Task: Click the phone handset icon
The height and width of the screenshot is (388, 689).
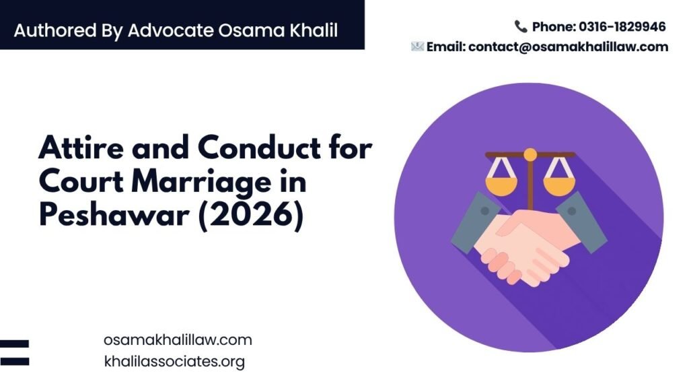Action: click(521, 26)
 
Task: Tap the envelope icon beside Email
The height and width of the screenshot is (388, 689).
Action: click(417, 46)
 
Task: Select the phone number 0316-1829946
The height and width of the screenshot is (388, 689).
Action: click(622, 27)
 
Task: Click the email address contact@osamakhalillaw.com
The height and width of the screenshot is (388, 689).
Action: click(568, 46)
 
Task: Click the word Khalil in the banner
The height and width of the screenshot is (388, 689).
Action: click(314, 30)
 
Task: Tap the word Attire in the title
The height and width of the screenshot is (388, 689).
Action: click(81, 148)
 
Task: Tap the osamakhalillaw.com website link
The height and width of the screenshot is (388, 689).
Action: click(178, 339)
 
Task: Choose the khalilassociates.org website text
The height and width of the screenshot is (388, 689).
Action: click(174, 361)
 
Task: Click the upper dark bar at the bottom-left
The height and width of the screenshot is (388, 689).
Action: click(15, 344)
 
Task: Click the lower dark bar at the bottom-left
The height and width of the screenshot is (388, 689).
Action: click(15, 362)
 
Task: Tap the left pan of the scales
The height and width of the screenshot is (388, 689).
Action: click(501, 186)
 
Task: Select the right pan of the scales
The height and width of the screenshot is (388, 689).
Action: click(559, 186)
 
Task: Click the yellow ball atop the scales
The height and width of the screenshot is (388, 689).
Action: click(530, 154)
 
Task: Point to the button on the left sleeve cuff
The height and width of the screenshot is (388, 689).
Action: click(484, 211)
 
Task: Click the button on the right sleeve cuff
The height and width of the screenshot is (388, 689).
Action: click(572, 211)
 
